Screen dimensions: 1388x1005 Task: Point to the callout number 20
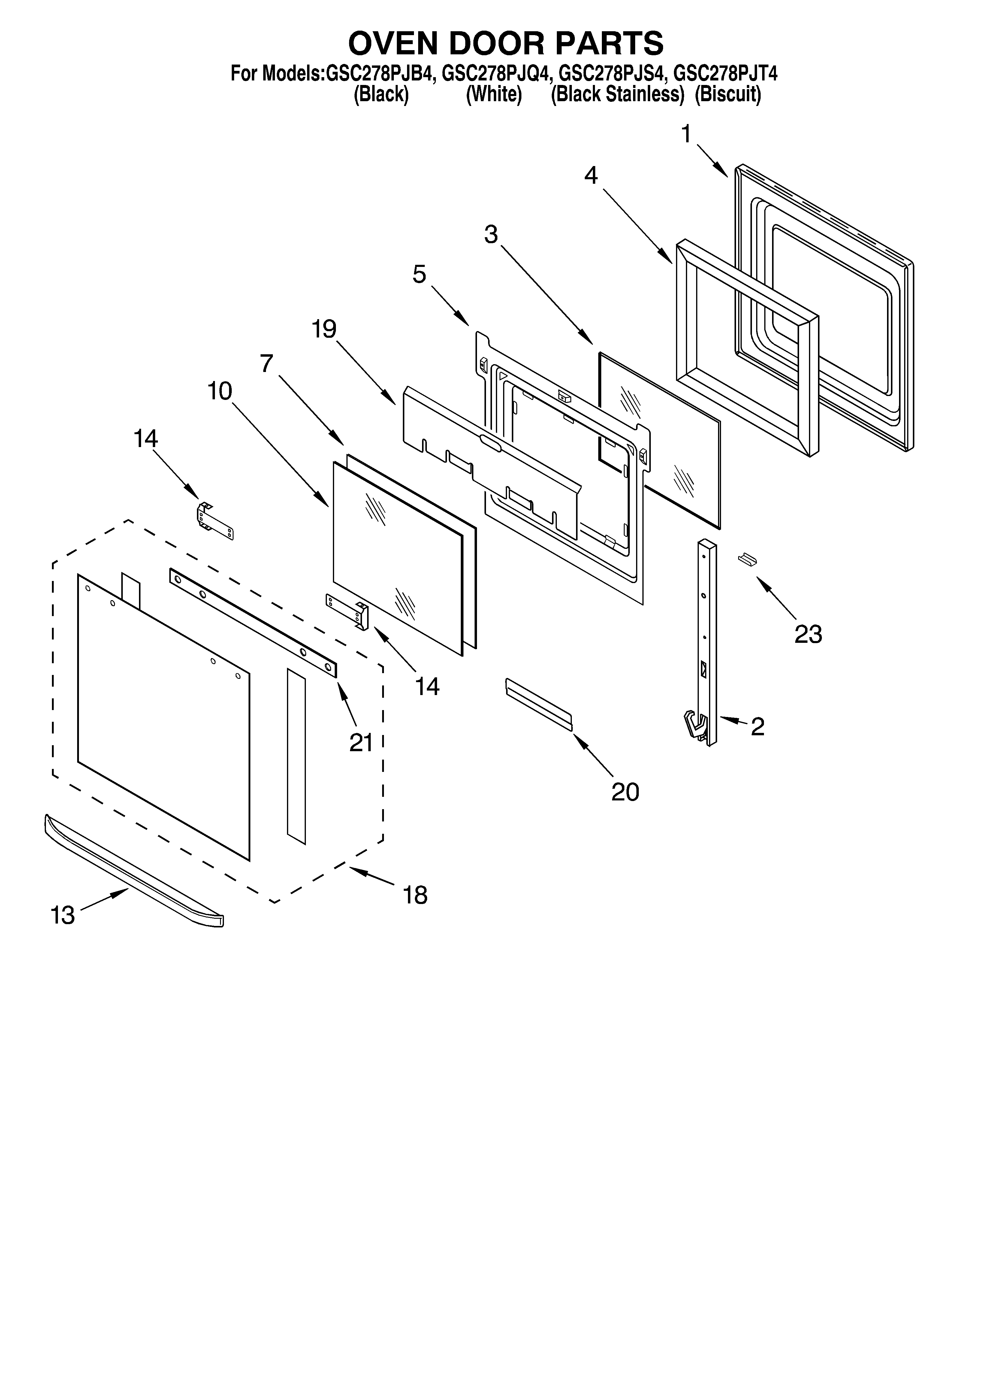click(x=625, y=792)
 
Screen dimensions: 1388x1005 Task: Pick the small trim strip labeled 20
click(x=539, y=704)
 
